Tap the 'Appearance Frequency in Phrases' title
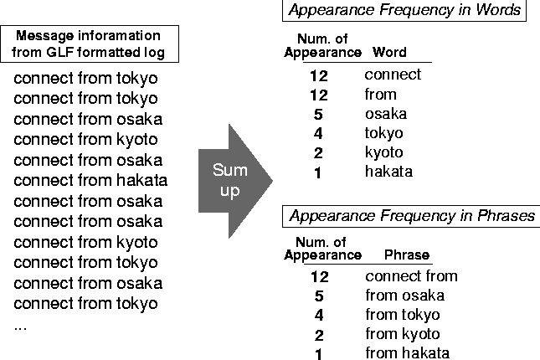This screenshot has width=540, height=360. point(411,216)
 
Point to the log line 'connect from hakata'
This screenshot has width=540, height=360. point(91,180)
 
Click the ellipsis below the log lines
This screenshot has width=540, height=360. point(21,326)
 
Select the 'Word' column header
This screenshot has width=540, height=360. point(389,52)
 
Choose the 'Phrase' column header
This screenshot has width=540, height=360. point(406,255)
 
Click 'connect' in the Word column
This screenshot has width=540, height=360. point(393,75)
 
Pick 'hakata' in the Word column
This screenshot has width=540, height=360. point(388,172)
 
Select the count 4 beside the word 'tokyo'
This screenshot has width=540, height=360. point(318,134)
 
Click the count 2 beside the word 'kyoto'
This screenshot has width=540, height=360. point(318,153)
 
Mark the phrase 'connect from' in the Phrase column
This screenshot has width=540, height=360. point(411,276)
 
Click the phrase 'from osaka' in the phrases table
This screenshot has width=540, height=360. point(404,296)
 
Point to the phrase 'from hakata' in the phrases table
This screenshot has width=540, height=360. point(407,353)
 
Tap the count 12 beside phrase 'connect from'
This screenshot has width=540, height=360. point(319,276)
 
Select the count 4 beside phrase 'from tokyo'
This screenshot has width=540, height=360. point(319,316)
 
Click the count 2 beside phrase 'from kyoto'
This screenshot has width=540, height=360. point(319,335)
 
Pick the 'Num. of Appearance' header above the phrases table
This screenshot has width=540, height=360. point(322,249)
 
